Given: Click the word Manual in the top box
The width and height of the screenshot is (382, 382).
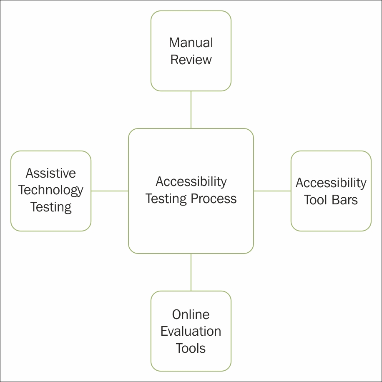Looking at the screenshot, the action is (191, 43).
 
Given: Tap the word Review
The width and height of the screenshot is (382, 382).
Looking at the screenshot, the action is (191, 60).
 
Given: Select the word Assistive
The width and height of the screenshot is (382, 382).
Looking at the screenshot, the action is (51, 173).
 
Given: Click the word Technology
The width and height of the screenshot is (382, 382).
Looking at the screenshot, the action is (51, 191).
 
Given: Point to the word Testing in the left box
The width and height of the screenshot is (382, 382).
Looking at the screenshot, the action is (51, 207).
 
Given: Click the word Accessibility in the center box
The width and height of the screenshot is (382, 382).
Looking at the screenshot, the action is (191, 182).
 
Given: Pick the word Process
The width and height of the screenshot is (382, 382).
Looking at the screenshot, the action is (214, 199).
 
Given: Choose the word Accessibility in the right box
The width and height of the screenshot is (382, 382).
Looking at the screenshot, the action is (331, 183).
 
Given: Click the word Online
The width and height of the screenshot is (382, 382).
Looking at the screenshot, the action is (191, 314).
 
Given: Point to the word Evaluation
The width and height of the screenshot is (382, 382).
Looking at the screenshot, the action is (191, 331).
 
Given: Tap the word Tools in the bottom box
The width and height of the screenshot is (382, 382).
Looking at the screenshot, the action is (191, 348).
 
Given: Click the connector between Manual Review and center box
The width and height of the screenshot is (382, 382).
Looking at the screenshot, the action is (191, 110).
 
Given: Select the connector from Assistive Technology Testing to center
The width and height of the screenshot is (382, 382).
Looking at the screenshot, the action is (110, 191).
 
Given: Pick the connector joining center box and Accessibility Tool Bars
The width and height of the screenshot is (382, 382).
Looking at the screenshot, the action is (272, 191).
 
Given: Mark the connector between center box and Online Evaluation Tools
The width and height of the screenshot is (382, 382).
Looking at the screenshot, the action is (191, 272).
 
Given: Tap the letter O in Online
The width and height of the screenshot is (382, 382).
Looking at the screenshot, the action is (177, 314).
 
